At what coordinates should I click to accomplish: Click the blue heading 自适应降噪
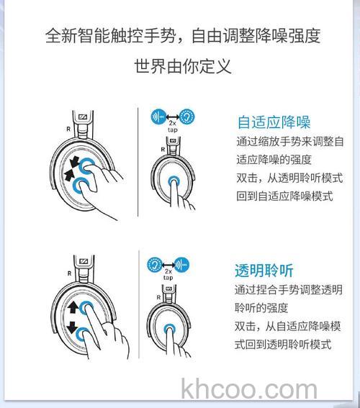[x=274, y=122]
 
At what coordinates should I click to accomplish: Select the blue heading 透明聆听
[x=264, y=271]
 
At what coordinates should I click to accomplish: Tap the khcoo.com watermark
[x=249, y=389]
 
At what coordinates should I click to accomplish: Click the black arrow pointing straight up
[x=73, y=307]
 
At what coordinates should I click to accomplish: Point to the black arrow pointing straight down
[x=71, y=327]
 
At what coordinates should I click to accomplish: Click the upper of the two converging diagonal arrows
[x=75, y=162]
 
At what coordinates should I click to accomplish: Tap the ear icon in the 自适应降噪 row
[x=187, y=117]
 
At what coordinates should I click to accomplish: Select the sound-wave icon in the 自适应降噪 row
[x=158, y=117]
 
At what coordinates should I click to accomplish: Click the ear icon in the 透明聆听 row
[x=155, y=265]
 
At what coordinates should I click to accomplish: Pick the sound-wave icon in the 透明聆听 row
[x=181, y=265]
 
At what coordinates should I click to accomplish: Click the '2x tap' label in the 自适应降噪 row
[x=173, y=126]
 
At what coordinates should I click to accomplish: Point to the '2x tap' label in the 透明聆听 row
[x=168, y=274]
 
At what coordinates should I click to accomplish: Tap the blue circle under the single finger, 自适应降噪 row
[x=174, y=181]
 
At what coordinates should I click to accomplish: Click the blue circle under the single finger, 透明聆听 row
[x=170, y=330]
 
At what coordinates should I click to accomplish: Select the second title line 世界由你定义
[x=182, y=66]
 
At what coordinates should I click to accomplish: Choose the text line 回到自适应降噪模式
[x=284, y=196]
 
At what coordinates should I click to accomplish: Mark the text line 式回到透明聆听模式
[x=283, y=344]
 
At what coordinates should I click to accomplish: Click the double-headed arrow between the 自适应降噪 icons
[x=173, y=117]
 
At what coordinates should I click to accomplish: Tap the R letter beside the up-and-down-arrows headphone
[x=69, y=273]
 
